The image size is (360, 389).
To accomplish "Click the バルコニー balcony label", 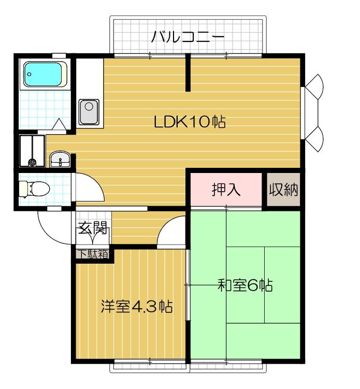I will [x=188, y=37].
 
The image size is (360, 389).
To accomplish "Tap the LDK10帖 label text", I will [x=190, y=122].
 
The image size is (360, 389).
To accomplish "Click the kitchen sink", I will [x=89, y=111].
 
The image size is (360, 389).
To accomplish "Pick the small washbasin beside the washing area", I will [x=60, y=160].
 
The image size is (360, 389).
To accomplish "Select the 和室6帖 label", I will [x=245, y=285].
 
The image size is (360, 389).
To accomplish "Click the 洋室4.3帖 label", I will [x=136, y=307].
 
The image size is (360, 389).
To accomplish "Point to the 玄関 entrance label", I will [x=93, y=227].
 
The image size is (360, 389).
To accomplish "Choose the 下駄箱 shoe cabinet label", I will [x=93, y=254].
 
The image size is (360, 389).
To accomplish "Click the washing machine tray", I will [x=32, y=151].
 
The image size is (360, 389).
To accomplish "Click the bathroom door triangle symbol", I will [x=60, y=124].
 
